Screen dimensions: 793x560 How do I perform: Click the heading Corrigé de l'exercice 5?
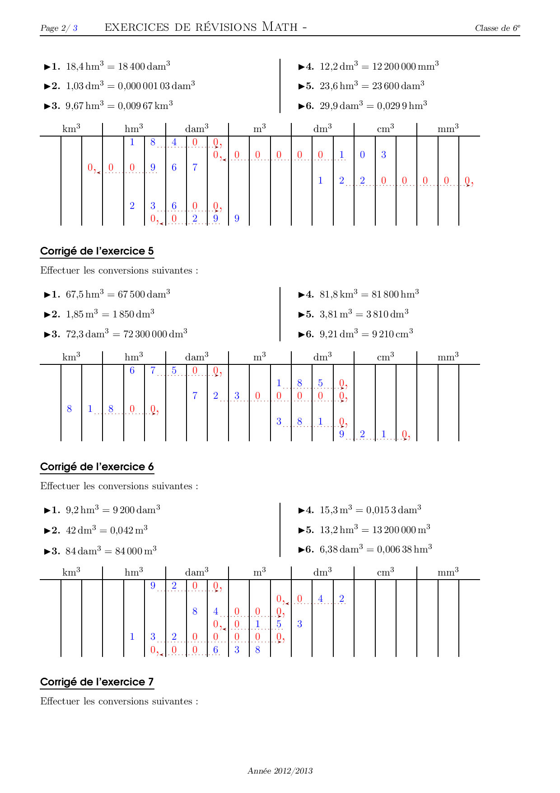point(97,251)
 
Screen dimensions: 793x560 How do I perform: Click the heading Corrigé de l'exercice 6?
point(97,467)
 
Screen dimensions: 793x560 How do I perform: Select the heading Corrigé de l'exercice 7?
point(97,682)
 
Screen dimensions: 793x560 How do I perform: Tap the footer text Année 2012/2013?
point(280,771)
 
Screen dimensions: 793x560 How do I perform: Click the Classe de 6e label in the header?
point(497,28)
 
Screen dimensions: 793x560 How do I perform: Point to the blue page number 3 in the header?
point(75,28)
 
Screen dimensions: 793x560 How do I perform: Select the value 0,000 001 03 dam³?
point(156,86)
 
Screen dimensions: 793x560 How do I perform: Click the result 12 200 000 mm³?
point(405,66)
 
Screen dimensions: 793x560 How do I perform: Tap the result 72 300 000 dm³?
point(155,334)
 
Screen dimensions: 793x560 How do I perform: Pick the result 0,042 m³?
point(129,530)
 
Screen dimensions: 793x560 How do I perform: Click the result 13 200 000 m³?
point(401,529)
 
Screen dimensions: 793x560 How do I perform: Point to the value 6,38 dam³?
point(341,549)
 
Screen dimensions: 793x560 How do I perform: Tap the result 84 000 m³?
point(136,551)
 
